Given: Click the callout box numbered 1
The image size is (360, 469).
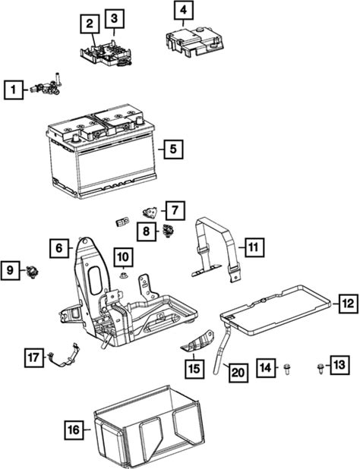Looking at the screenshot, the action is pyautogui.click(x=14, y=90).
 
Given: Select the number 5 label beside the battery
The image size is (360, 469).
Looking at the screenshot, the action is pyautogui.click(x=173, y=149).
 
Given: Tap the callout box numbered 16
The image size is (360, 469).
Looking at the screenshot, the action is pyautogui.click(x=74, y=430).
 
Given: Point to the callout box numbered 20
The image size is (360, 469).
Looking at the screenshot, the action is pyautogui.click(x=238, y=373).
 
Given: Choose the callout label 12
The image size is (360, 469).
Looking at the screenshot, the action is pyautogui.click(x=349, y=304).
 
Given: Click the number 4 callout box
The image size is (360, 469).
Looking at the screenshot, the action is pyautogui.click(x=184, y=10).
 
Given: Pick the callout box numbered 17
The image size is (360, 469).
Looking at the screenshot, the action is pyautogui.click(x=33, y=357).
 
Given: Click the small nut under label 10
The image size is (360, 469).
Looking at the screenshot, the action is pyautogui.click(x=123, y=275).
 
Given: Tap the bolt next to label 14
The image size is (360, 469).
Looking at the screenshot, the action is pyautogui.click(x=287, y=369).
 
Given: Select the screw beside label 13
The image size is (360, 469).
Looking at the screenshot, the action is pyautogui.click(x=321, y=369).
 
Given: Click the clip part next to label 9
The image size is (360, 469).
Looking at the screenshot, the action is pyautogui.click(x=32, y=272).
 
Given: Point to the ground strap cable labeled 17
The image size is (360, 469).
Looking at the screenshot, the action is pyautogui.click(x=64, y=356).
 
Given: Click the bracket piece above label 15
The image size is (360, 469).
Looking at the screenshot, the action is pyautogui.click(x=197, y=342).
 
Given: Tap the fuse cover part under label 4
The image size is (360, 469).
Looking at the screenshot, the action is pyautogui.click(x=194, y=41).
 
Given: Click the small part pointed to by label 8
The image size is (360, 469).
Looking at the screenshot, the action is pyautogui.click(x=169, y=231).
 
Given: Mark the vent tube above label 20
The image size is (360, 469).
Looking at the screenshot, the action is pyautogui.click(x=222, y=348).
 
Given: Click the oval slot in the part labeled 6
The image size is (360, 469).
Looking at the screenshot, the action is pyautogui.click(x=95, y=280).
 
